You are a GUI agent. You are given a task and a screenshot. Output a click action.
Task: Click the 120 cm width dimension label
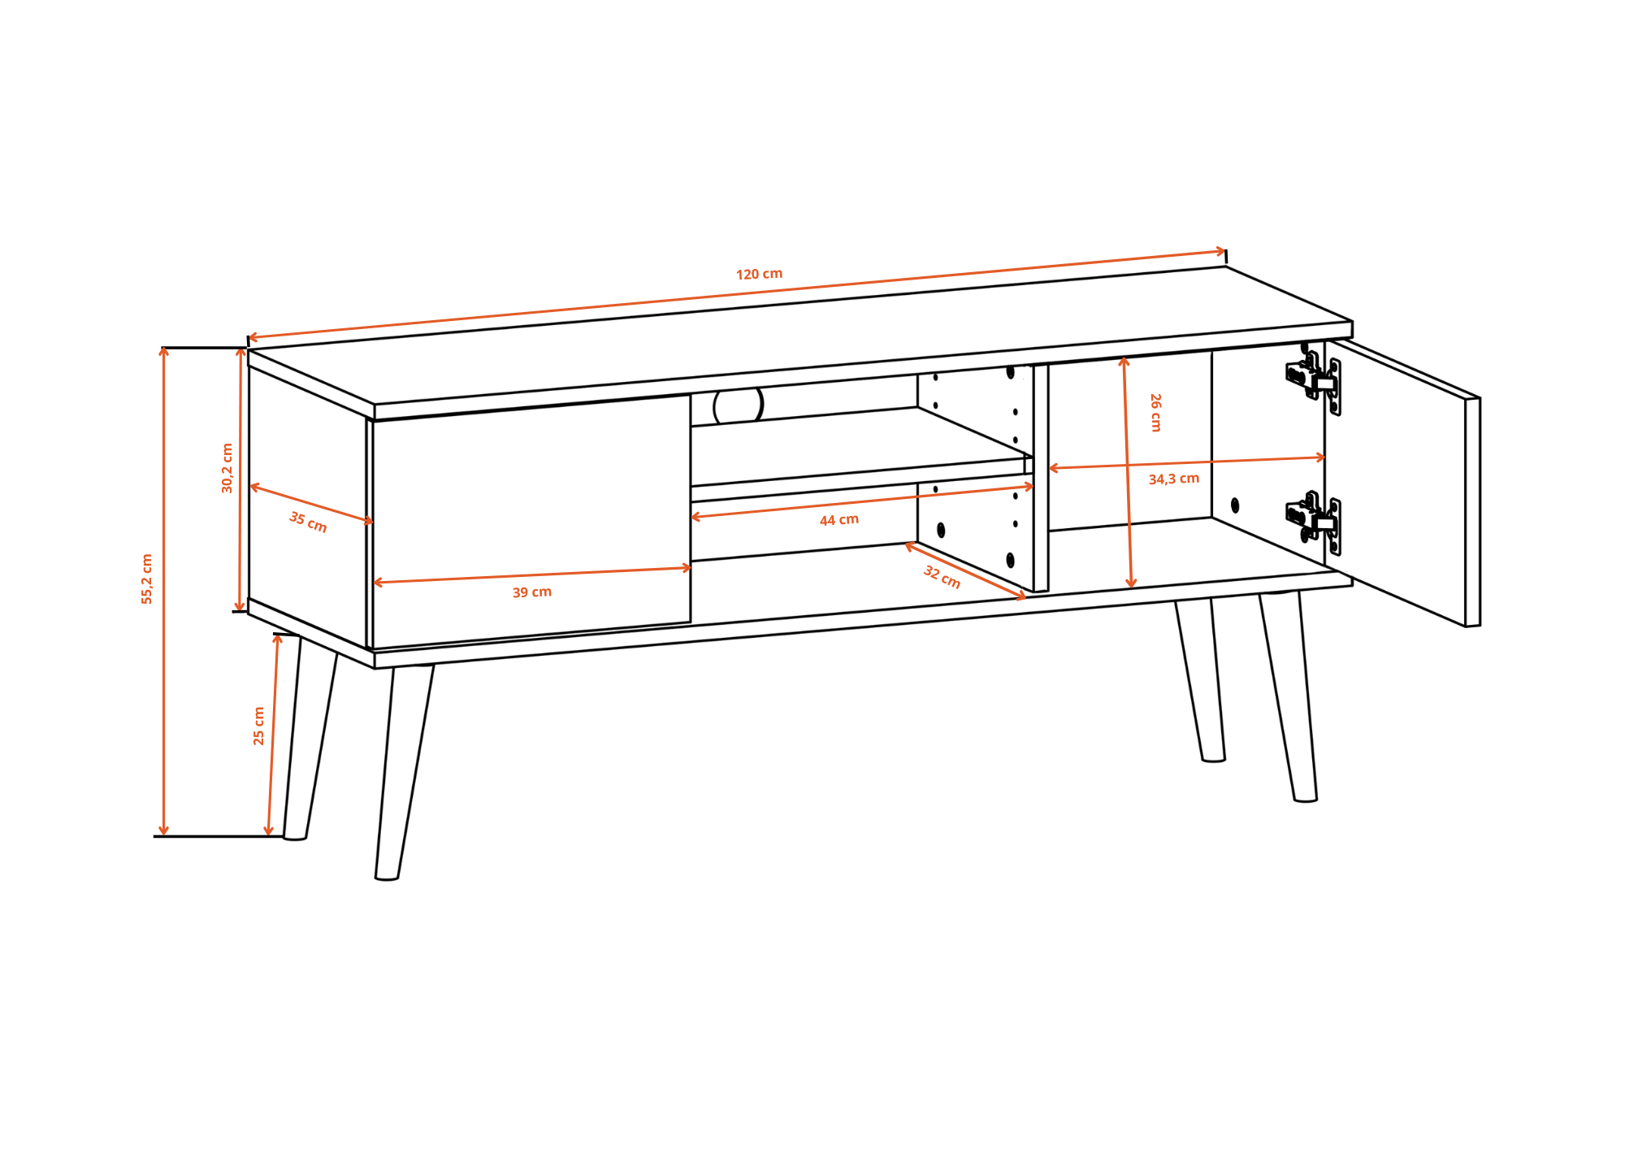coord(759,274)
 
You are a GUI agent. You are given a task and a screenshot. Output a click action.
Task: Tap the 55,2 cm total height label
coord(147,579)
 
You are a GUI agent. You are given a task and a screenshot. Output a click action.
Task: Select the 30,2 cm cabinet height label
coord(227,468)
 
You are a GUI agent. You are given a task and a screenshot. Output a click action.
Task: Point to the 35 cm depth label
coord(308,522)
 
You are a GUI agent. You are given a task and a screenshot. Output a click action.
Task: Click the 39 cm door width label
coord(532,592)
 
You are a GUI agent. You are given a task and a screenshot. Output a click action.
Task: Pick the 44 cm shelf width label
coord(839,520)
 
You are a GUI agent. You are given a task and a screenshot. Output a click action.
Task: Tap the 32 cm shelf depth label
coord(942,577)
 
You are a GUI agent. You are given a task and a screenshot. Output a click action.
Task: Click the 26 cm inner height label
coord(1155,412)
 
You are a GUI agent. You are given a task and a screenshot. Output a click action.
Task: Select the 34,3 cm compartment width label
coord(1174,479)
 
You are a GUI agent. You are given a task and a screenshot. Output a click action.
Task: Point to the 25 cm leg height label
coord(259,726)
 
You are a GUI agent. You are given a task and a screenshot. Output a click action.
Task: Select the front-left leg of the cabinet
coord(404,772)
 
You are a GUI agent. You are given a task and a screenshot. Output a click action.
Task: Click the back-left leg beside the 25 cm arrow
coord(310,737)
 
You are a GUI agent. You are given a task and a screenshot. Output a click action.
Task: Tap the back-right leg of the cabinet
coord(1200,681)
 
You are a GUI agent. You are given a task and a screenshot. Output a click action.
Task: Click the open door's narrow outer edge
coord(1473,512)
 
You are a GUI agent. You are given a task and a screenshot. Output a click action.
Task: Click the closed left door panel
coord(531,522)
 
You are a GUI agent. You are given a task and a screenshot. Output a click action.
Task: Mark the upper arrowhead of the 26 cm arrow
coord(1124,362)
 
